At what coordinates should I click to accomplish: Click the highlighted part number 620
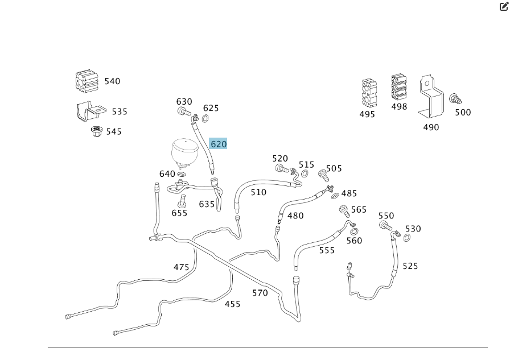coord(219,144)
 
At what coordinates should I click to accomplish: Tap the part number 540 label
coord(112,81)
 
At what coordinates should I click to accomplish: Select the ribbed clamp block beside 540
coord(87,81)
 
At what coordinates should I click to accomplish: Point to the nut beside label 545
coord(96,132)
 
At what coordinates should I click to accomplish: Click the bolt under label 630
coord(184,111)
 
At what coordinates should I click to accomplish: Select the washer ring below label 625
coord(205,119)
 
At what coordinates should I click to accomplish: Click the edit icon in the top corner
coord(503,7)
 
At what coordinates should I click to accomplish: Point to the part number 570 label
coord(260,293)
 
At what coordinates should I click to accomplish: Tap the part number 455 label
coord(232,304)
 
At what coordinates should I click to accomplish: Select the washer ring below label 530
coord(408,237)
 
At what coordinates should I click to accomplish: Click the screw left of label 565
coord(344,211)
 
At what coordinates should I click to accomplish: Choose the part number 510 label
coord(258,192)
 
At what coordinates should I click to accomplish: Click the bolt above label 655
coord(182,201)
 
